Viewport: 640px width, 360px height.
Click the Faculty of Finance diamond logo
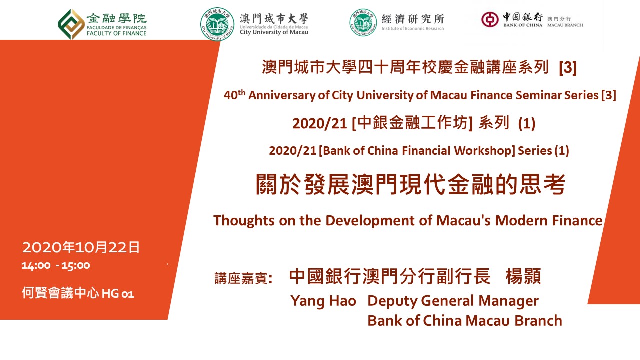coord(71,24)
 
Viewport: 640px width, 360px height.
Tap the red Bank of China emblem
coord(490,19)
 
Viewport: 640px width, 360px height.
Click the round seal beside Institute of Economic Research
coord(363,22)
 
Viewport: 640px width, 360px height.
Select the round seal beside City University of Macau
coord(217,24)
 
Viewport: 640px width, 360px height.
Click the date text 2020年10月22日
coord(81,247)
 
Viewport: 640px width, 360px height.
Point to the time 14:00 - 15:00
coord(56,266)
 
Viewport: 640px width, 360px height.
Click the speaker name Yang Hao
coord(323,301)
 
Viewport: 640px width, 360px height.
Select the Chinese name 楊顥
coord(523,276)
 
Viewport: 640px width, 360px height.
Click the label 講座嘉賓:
coord(243,278)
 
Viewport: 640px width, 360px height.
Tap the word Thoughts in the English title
coord(244,221)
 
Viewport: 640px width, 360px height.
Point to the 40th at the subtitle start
coord(235,94)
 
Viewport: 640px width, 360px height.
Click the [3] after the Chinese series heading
coord(568,67)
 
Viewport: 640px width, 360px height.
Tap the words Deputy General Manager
coord(453,301)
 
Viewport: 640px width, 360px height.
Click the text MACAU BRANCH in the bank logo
coord(565,25)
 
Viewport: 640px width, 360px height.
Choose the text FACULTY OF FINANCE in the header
coord(116,33)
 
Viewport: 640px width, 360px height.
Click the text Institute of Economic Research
coord(413,28)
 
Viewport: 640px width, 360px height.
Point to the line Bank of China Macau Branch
coord(465,320)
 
